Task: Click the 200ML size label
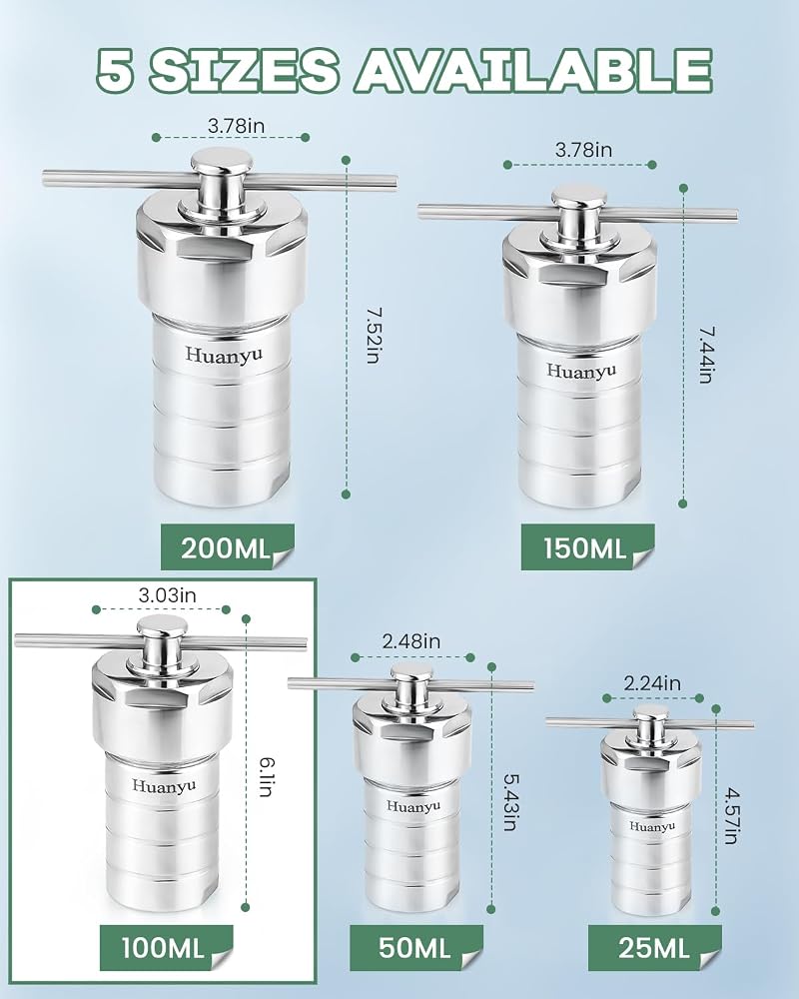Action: point(226,547)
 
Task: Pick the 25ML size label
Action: point(654,947)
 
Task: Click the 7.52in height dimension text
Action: point(374,335)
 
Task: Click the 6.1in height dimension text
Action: point(267,776)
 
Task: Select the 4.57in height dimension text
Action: point(732,816)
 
